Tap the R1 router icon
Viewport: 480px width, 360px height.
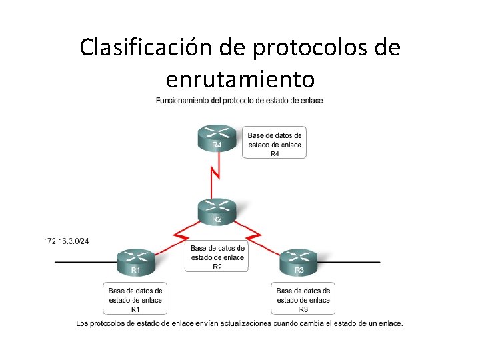[135, 262]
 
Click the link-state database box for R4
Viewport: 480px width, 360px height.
[274, 143]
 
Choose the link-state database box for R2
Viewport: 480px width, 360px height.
[217, 256]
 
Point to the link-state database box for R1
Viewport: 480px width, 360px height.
[135, 299]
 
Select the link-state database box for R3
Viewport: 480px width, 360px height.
[303, 299]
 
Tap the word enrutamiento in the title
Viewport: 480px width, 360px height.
[240, 79]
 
